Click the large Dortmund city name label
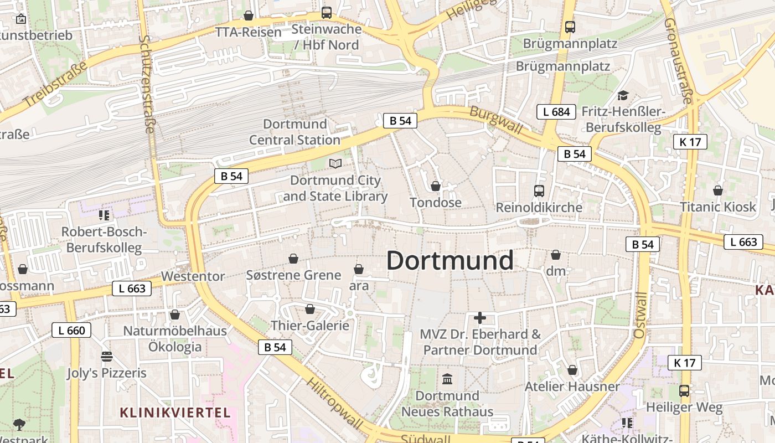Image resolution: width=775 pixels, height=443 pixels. point(449,260)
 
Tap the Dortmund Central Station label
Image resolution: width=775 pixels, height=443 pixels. point(294,132)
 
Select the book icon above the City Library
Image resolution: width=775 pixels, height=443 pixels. point(335,163)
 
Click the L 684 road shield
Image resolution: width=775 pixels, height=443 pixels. point(556,112)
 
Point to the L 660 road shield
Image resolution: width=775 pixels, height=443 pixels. point(71,331)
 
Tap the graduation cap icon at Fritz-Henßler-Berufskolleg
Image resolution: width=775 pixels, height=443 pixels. point(623,96)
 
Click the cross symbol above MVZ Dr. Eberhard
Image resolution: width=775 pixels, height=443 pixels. point(480,318)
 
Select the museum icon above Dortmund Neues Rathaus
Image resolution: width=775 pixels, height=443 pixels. point(447,379)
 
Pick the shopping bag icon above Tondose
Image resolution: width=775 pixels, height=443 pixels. point(436,186)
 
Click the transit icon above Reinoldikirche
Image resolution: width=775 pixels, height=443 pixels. point(539,191)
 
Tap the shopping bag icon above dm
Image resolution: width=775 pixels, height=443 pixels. point(556,255)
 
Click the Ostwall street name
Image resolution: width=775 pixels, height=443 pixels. point(640,315)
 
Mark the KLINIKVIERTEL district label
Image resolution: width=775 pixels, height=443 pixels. point(175,413)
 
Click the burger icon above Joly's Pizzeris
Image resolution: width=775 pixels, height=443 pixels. point(107,356)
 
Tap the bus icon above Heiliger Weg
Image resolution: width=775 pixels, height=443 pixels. point(684,391)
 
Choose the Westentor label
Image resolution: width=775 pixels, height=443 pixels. point(193,276)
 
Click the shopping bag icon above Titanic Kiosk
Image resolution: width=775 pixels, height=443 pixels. point(718,190)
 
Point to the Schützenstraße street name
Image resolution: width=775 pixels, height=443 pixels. point(148,84)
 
